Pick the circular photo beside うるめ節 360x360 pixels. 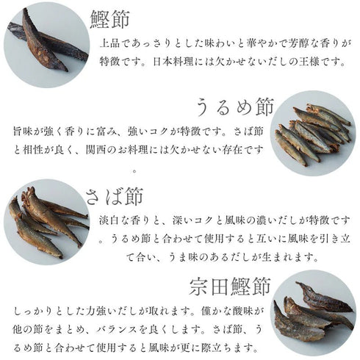tap(312, 132)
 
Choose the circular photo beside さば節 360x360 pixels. tap(46, 220)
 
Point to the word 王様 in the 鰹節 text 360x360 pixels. tap(322, 61)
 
